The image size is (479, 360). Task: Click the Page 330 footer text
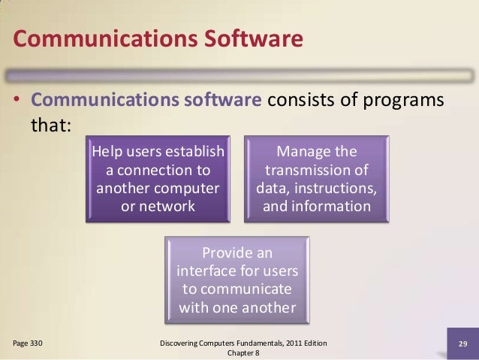click(27, 343)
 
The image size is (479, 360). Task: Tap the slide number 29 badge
click(462, 344)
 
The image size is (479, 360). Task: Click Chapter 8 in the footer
click(239, 352)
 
